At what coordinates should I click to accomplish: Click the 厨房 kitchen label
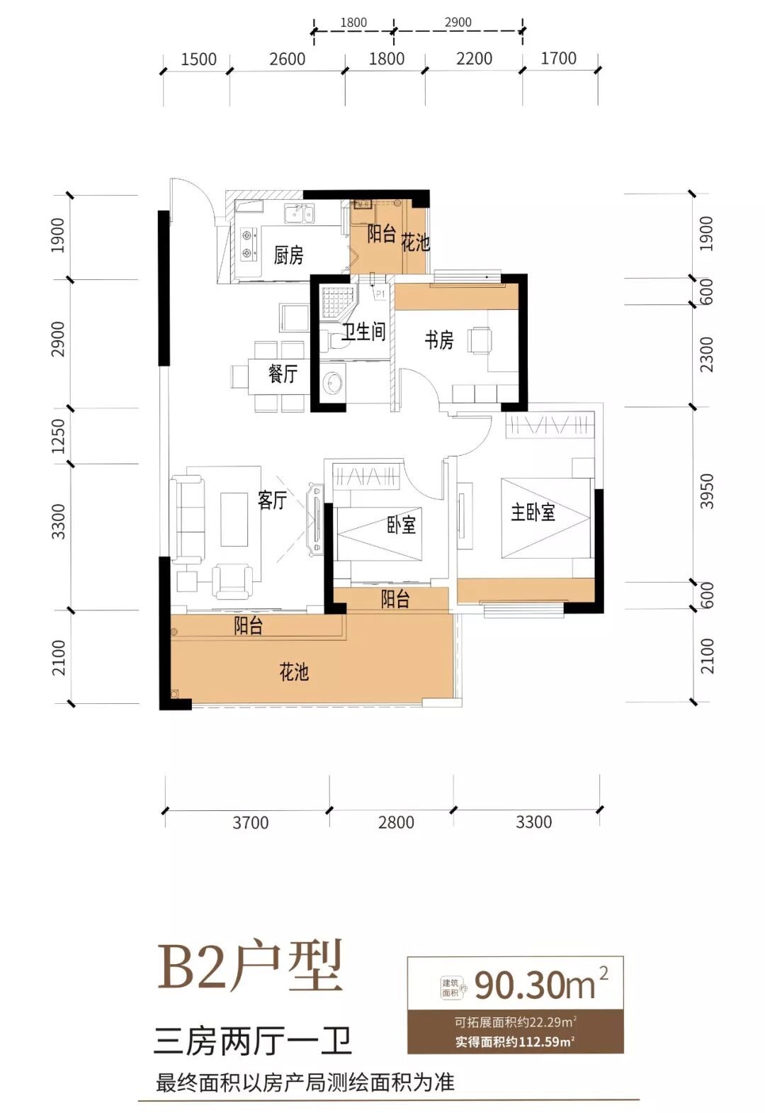[x=288, y=255]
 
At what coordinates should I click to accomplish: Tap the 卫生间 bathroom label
[x=363, y=331]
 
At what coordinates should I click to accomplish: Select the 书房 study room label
[x=438, y=340]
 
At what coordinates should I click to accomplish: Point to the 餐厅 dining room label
[x=283, y=374]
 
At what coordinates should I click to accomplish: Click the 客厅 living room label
[x=272, y=500]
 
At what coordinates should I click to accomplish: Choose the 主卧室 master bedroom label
[x=533, y=512]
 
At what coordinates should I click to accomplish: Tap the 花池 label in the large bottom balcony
[x=294, y=671]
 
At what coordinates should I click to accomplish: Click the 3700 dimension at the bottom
[x=250, y=822]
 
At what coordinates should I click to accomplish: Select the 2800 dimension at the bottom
[x=396, y=822]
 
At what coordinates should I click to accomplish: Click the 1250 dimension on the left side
[x=58, y=436]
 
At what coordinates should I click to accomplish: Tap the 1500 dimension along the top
[x=198, y=60]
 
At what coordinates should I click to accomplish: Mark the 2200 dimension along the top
[x=474, y=59]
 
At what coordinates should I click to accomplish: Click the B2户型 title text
[x=250, y=967]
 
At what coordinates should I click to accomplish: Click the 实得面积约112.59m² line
[x=515, y=1041]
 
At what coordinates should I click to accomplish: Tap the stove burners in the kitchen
[x=246, y=242]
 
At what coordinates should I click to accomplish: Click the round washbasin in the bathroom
[x=332, y=384]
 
